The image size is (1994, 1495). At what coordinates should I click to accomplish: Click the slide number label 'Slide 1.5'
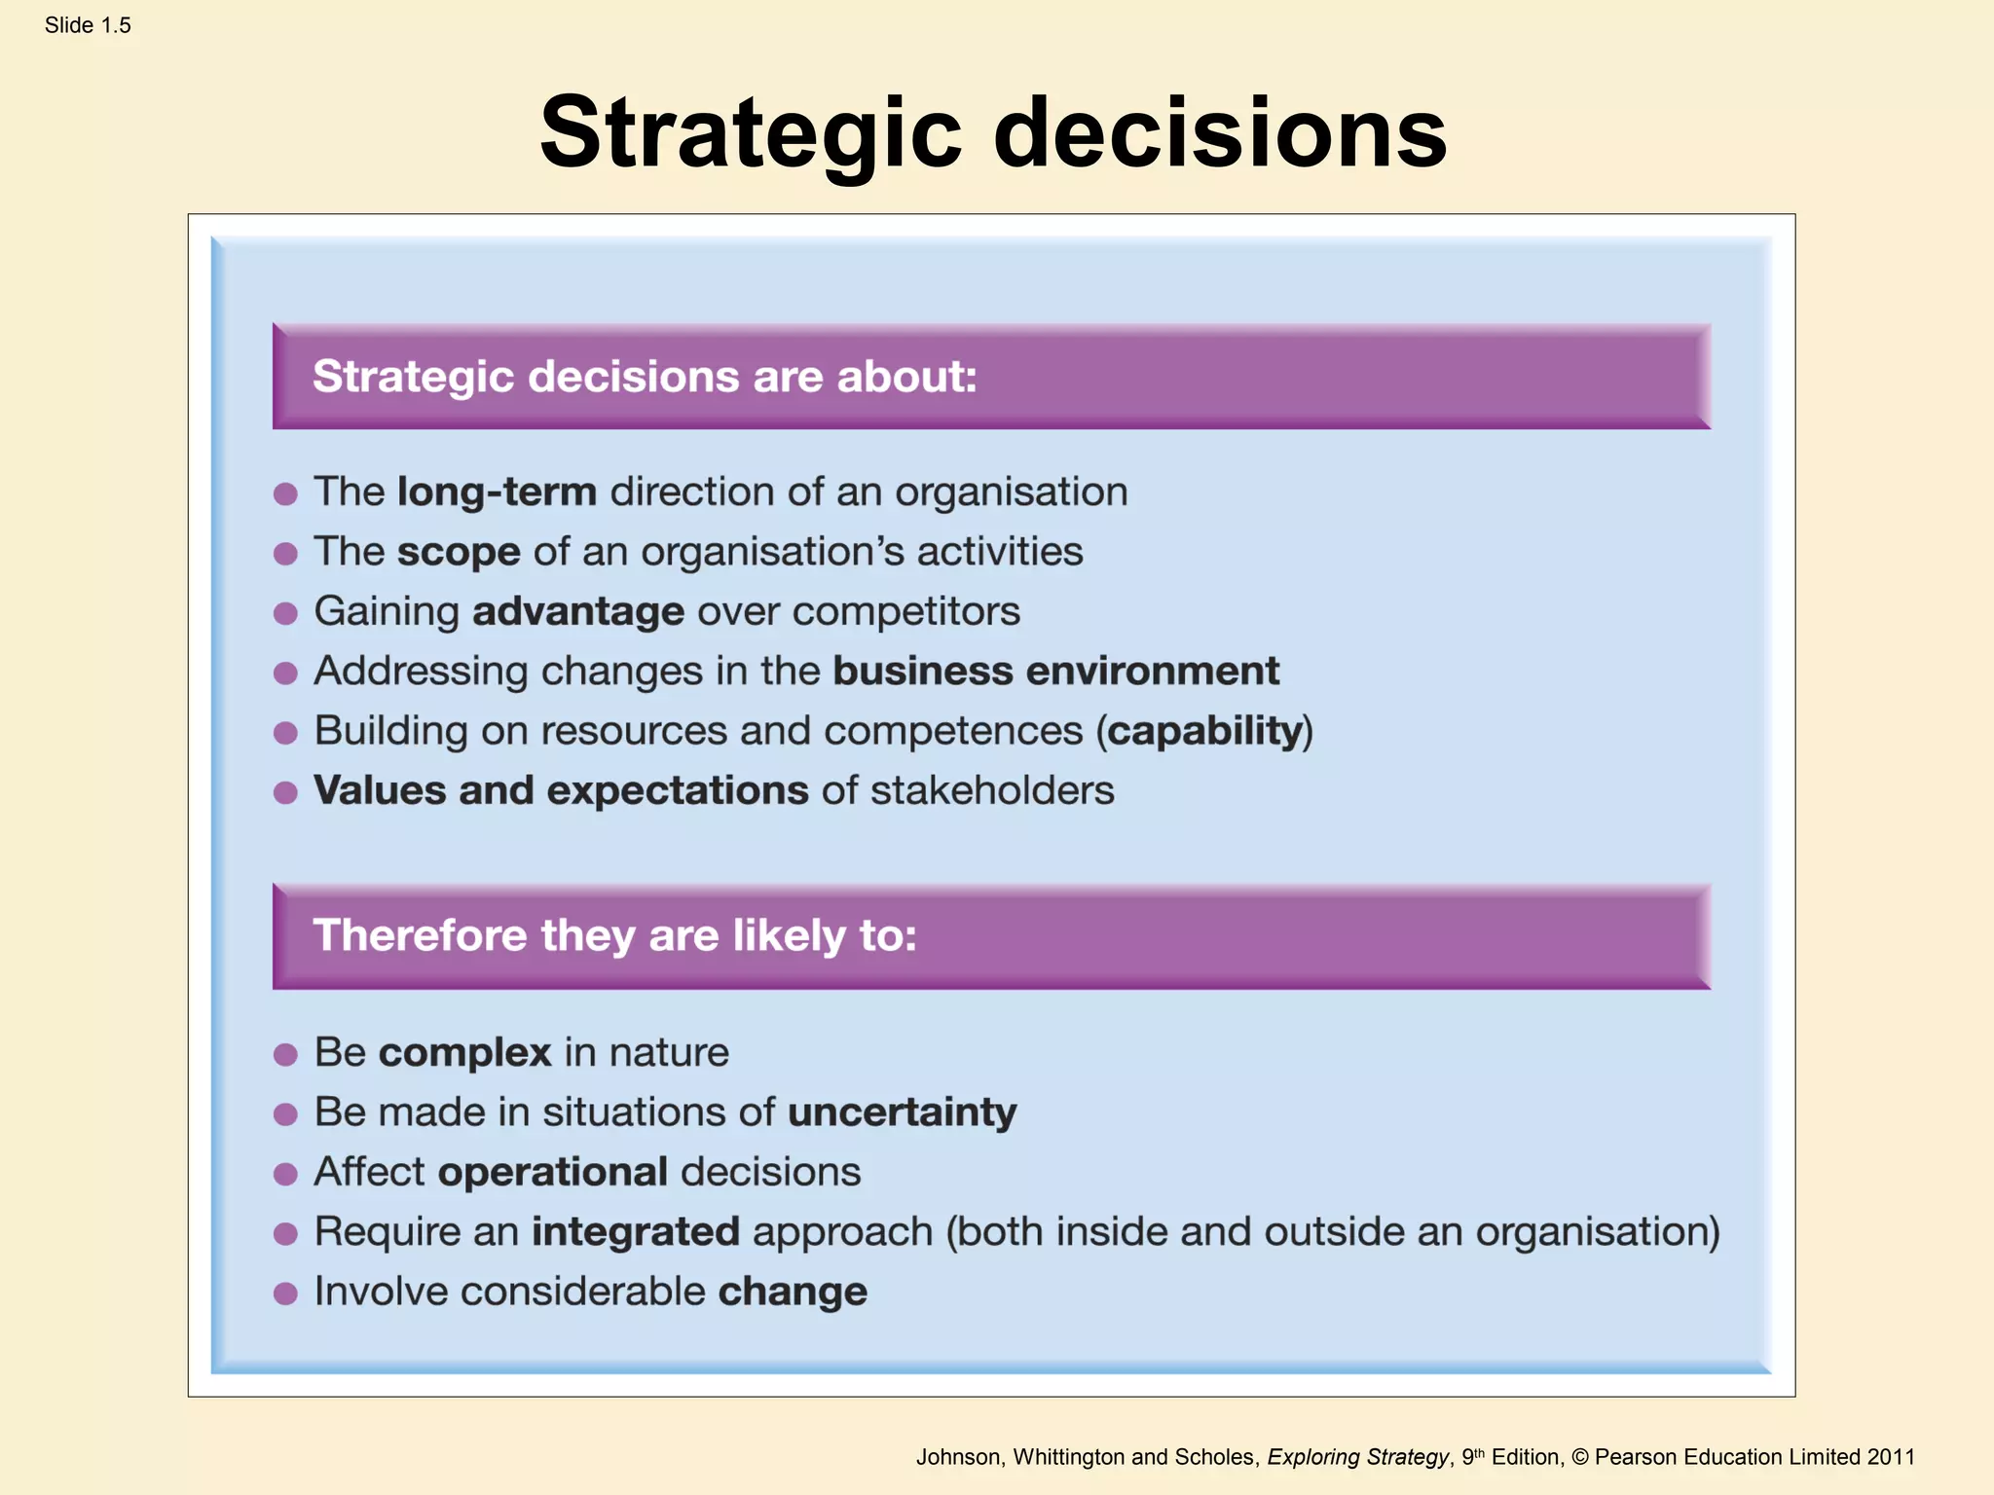click(88, 25)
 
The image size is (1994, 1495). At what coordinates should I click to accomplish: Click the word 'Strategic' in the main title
click(751, 133)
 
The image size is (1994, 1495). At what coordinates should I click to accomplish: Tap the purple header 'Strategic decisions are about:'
click(645, 377)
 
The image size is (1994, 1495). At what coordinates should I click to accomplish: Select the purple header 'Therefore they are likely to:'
click(614, 935)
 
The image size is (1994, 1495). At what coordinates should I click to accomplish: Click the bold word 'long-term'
click(497, 492)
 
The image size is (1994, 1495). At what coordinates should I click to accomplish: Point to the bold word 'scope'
click(459, 552)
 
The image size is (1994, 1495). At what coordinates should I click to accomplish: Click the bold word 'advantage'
click(578, 611)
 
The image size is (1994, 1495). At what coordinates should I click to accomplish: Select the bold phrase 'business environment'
click(1056, 671)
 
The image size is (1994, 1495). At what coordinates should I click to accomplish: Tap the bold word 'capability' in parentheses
click(1205, 731)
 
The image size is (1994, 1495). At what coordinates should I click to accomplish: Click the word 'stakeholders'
click(992, 790)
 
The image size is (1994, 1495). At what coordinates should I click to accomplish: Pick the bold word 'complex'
click(464, 1052)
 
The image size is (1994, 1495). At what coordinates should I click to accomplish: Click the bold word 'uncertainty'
click(902, 1112)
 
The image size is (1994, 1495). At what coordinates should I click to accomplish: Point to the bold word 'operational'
click(553, 1172)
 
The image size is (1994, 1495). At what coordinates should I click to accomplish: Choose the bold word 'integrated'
click(635, 1231)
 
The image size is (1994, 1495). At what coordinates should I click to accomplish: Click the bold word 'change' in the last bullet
click(793, 1292)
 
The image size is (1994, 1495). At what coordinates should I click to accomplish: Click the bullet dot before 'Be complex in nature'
click(285, 1054)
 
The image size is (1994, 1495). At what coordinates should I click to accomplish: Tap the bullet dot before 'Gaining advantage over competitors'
click(285, 613)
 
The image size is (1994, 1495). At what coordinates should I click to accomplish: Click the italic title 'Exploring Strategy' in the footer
click(1357, 1457)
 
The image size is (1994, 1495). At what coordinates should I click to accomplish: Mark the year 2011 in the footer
click(1891, 1457)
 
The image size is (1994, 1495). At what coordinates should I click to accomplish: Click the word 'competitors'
click(906, 611)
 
